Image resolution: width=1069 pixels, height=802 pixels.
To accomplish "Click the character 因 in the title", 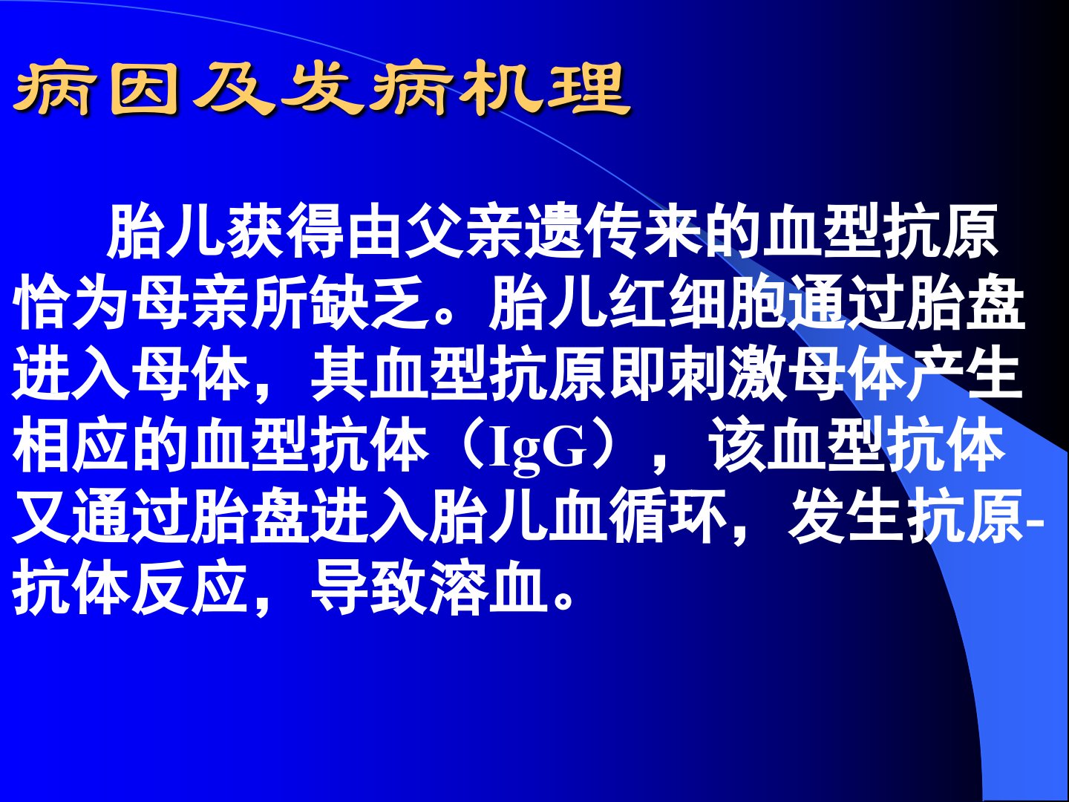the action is [x=144, y=88].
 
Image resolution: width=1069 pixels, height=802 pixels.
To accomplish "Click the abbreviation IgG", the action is [x=538, y=448].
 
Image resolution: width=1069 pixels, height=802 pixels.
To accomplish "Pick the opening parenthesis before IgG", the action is [x=468, y=448].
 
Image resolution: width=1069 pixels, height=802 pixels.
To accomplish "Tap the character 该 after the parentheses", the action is [x=737, y=448].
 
